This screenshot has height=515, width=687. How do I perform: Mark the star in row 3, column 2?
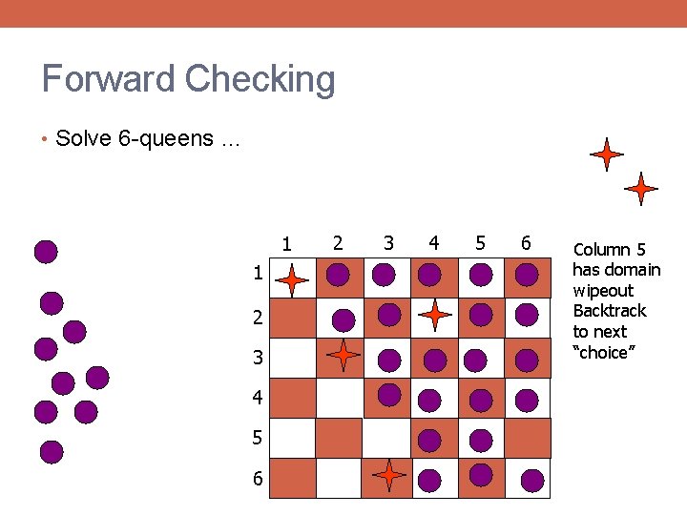click(x=343, y=355)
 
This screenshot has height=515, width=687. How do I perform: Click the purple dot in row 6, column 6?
click(x=532, y=479)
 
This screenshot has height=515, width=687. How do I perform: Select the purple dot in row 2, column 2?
click(x=343, y=319)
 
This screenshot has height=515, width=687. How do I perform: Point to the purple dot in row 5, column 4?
click(x=430, y=440)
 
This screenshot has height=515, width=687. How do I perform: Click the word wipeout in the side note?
click(x=603, y=290)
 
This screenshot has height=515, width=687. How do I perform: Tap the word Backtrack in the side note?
click(x=610, y=311)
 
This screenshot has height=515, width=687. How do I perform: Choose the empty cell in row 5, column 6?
click(x=528, y=438)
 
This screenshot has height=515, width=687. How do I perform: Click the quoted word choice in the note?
click(x=601, y=353)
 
